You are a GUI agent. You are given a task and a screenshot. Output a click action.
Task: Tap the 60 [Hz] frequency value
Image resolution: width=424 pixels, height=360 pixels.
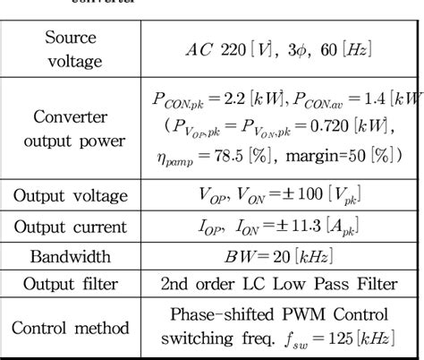(340, 50)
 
